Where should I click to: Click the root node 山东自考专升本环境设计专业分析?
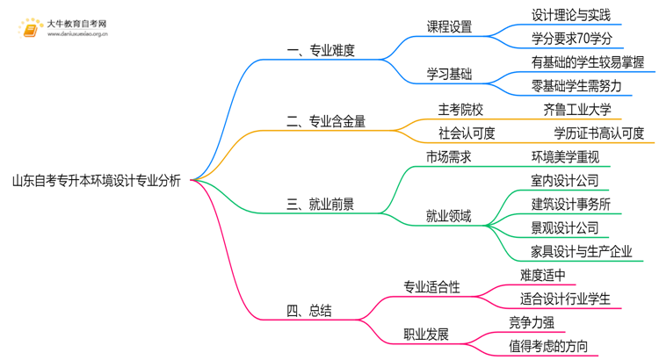97,181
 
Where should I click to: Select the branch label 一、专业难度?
321,51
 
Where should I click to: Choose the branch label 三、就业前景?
321,205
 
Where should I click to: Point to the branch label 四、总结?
309,311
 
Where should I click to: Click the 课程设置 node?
449,27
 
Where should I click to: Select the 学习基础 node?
449,74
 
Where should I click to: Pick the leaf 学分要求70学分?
571,39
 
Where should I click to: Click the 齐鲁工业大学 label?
577,110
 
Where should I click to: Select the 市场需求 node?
449,157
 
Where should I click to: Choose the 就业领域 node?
449,216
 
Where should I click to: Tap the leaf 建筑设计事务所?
571,205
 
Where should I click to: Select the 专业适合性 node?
431,287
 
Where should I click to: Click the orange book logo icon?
28,29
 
